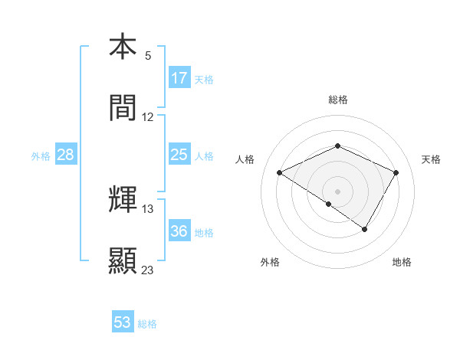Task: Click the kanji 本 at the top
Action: coord(123,47)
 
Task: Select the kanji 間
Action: coord(123,109)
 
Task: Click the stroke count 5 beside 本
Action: coord(148,55)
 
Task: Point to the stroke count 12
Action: coord(148,116)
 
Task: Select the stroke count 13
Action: coord(148,208)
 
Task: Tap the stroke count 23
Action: coord(148,270)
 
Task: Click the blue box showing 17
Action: coord(179,78)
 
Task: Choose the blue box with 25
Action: coord(179,155)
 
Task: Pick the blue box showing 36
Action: coord(179,231)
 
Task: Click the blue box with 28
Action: coord(66,155)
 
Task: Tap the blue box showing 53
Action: coord(123,322)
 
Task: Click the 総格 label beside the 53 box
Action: coord(147,324)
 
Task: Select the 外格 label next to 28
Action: coord(41,156)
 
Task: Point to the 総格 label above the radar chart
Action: coord(337,100)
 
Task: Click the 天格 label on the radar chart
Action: coord(431,159)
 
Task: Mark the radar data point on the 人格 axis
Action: coord(280,173)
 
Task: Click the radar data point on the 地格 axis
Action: coord(365,229)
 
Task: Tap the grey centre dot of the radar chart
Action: coord(337,191)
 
